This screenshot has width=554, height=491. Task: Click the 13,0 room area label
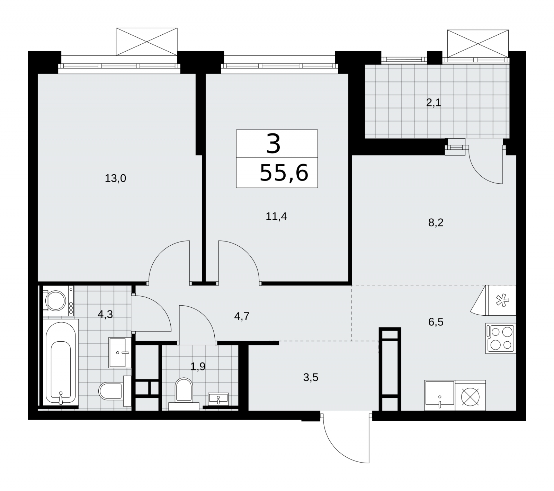115,179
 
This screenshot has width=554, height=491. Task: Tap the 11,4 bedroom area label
276,217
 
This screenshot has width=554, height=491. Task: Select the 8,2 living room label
436,222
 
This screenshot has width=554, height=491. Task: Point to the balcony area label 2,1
434,103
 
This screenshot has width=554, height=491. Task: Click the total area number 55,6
284,173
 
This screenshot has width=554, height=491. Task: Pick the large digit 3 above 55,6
274,144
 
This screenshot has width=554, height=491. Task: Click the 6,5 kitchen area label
436,322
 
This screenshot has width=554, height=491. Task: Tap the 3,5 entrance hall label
311,377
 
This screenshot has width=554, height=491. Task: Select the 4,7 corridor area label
242,316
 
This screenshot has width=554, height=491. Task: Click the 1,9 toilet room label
198,366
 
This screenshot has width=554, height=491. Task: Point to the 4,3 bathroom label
105,315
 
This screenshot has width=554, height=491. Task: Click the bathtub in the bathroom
61,362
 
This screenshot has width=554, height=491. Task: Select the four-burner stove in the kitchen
501,339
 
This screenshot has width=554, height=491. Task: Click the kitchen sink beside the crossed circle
440,395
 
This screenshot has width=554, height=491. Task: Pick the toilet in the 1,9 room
184,394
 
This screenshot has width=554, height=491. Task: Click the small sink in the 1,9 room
218,399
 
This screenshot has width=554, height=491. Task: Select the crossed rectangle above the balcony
478,43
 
